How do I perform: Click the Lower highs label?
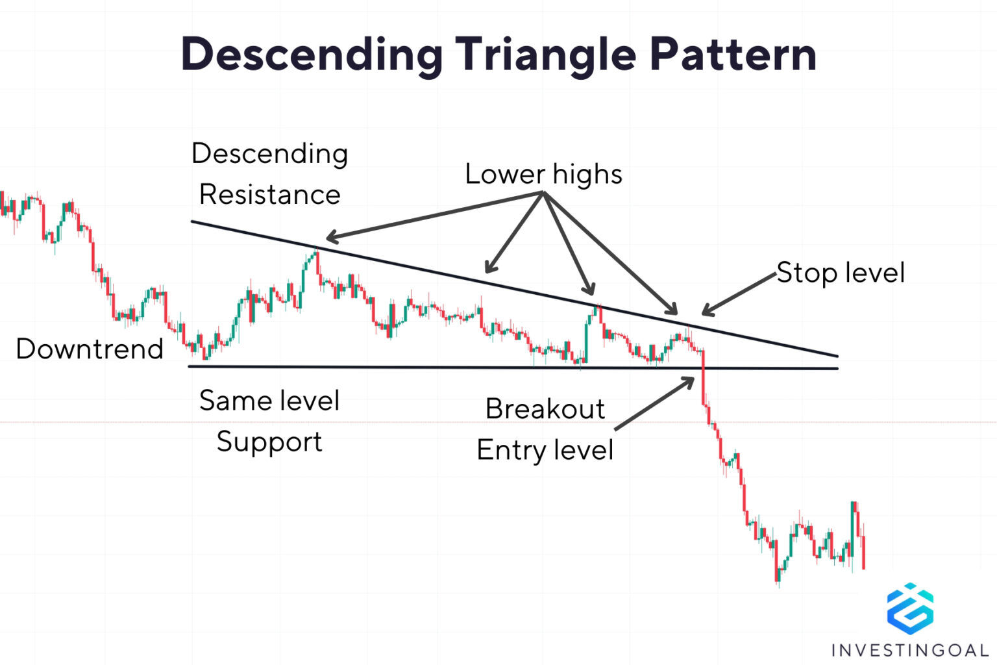click(x=544, y=174)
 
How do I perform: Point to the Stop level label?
click(x=841, y=273)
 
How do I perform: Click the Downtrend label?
click(x=90, y=349)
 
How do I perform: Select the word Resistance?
click(x=269, y=194)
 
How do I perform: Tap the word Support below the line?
click(x=269, y=442)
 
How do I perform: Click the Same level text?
click(x=269, y=400)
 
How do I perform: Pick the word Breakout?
click(x=545, y=409)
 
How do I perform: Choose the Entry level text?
click(x=545, y=450)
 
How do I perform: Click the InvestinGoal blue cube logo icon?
click(x=910, y=609)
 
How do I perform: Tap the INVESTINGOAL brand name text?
click(x=910, y=649)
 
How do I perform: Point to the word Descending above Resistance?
click(x=269, y=154)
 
